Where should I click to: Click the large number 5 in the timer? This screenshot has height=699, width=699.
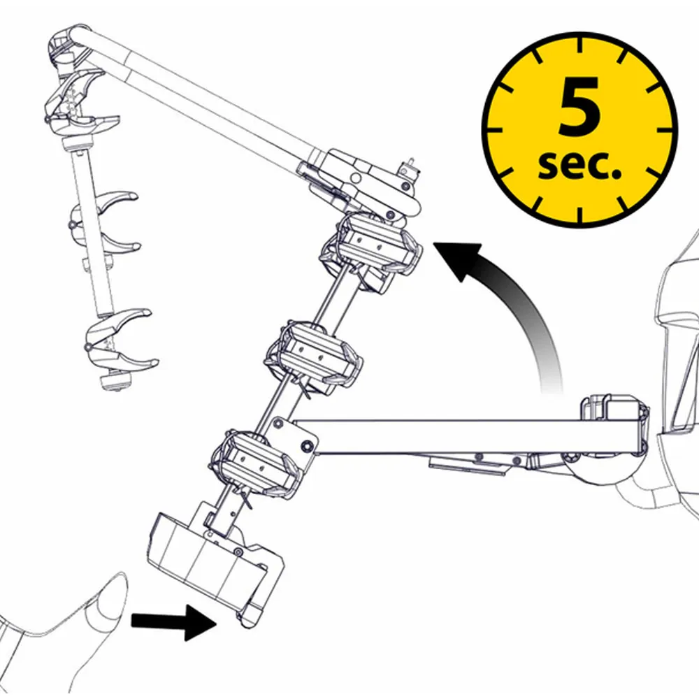pos(579,106)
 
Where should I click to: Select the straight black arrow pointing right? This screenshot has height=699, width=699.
pos(174,622)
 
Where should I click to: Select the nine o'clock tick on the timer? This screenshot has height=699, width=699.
pos(496,130)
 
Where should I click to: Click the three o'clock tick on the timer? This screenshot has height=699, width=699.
pos(664,130)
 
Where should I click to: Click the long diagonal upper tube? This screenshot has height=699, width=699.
pos(196,98)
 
